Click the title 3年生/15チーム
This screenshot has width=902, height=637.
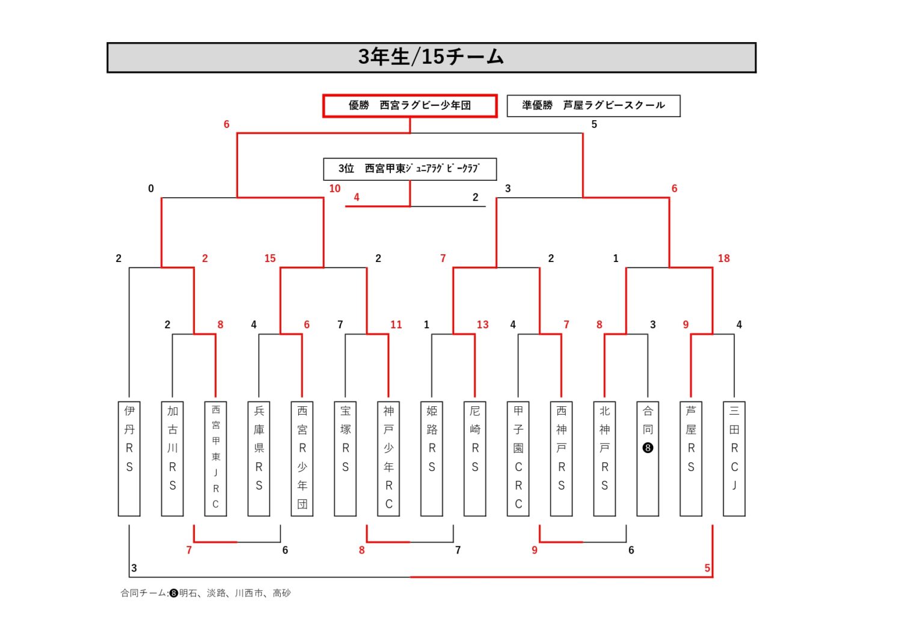tap(431, 57)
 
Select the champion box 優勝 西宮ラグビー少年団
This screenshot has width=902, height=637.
tap(410, 106)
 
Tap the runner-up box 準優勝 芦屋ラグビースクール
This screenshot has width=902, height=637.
tap(594, 106)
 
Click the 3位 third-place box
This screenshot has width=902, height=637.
tap(410, 169)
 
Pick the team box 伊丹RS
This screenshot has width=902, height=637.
tap(129, 459)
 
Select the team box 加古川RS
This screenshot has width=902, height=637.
tap(173, 459)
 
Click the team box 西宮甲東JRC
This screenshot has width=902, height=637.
tap(216, 459)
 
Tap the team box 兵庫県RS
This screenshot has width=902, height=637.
tap(259, 459)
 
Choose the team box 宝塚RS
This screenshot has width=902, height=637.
tap(345, 459)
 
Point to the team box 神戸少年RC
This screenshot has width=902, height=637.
tap(388, 459)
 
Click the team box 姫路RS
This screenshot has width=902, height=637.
tap(432, 459)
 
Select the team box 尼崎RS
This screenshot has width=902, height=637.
tap(475, 459)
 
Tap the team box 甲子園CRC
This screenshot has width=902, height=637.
tap(518, 459)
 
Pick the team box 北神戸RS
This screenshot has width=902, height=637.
tap(604, 459)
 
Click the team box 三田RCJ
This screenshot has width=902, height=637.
tap(734, 459)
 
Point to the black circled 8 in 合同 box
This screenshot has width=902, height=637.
tap(648, 448)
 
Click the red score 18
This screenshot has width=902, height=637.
tap(723, 258)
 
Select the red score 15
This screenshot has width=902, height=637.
tap(270, 258)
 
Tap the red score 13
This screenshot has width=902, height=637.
tap(482, 325)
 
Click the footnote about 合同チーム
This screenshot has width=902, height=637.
tap(206, 593)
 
